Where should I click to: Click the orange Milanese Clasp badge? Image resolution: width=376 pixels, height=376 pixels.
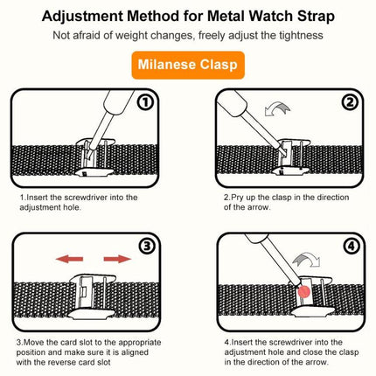(x=188, y=66)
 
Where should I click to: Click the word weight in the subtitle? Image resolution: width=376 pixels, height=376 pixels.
(x=151, y=35)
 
